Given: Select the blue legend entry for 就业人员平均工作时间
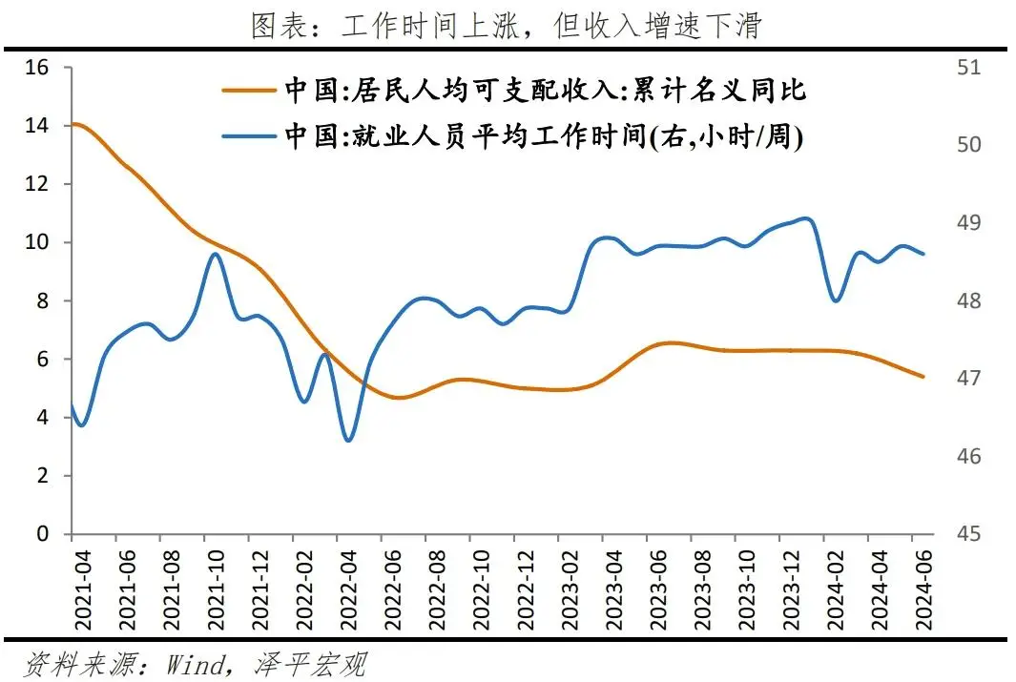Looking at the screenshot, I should tap(544, 136).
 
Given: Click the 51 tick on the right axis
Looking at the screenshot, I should tap(967, 68).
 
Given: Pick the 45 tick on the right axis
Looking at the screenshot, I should tap(967, 534).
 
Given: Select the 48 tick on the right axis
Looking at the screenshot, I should tap(967, 301).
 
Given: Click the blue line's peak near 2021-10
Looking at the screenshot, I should tap(215, 254).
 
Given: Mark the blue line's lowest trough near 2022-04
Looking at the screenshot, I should tap(347, 440).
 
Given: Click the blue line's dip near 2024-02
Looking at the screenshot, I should tap(837, 300).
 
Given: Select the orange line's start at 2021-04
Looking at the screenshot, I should tap(74, 124).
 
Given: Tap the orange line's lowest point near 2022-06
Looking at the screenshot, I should tap(398, 397).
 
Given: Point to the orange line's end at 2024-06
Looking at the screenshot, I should tap(923, 376).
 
